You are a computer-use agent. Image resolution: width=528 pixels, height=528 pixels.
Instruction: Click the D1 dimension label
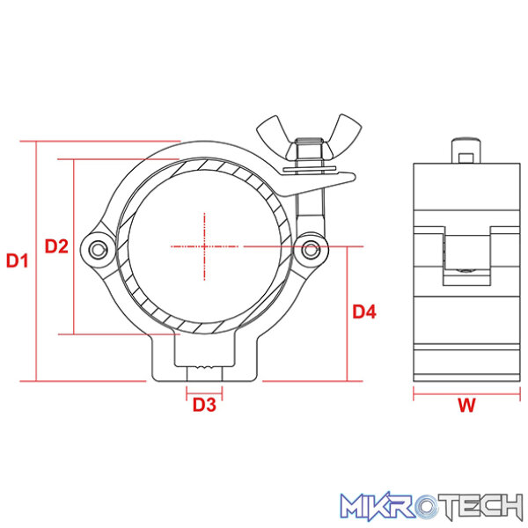click(x=18, y=260)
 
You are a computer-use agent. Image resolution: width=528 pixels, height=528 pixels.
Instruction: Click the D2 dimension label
click(x=56, y=246)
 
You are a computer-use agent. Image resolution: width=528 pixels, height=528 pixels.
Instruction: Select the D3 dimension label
click(x=204, y=405)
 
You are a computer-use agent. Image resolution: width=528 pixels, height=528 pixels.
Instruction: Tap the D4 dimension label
click(x=364, y=312)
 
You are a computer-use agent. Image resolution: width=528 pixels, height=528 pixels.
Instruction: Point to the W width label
click(x=466, y=405)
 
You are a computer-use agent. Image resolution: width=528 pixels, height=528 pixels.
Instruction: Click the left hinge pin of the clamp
click(x=98, y=250)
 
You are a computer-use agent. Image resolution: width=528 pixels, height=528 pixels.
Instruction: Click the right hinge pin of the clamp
click(x=311, y=250)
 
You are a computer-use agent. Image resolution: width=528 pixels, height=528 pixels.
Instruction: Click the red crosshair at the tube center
click(x=204, y=246)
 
